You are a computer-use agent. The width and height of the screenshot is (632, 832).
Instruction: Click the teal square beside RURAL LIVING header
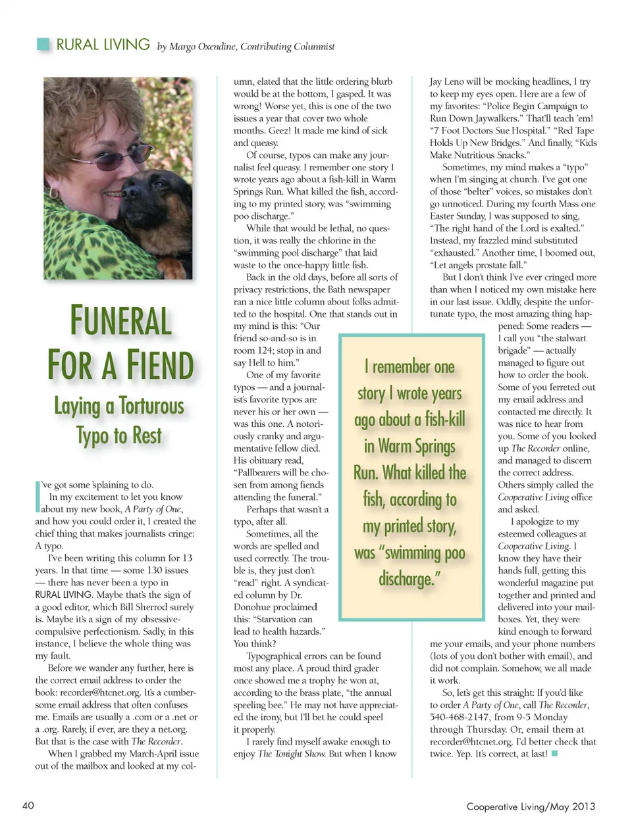[43, 45]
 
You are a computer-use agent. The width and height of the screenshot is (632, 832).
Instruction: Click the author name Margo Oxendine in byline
[201, 47]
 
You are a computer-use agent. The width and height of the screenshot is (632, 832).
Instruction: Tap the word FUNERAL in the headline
[120, 321]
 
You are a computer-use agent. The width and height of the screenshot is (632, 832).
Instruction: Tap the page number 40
[28, 806]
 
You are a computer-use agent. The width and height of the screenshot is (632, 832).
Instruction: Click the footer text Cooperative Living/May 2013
[531, 806]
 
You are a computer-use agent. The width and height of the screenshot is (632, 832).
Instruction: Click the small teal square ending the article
[554, 754]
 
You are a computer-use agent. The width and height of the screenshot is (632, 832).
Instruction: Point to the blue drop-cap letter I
[37, 497]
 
